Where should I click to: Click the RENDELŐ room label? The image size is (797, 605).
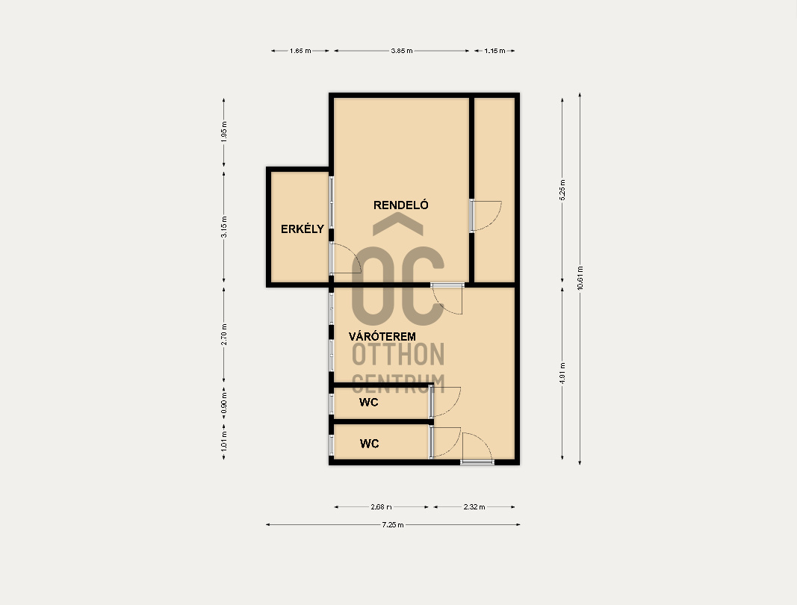[400, 205]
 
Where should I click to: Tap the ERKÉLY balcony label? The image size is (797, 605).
[303, 229]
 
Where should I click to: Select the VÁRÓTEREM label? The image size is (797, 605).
[382, 337]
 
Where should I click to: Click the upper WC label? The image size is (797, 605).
[368, 402]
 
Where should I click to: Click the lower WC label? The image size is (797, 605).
[369, 444]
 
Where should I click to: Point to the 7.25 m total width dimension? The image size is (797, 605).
[393, 524]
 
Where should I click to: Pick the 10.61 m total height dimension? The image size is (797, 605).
[580, 278]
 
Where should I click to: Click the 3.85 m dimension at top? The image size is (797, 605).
[402, 51]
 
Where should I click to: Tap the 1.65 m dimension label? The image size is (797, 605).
[300, 51]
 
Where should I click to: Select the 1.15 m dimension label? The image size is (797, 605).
[494, 51]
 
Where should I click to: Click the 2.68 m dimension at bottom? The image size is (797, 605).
[381, 507]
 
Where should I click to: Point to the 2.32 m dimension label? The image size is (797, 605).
[474, 507]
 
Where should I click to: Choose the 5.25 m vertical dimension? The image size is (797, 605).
[562, 190]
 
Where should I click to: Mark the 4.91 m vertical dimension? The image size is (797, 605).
[562, 373]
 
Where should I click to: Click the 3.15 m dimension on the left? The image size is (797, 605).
[224, 227]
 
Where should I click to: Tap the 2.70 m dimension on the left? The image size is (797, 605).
[224, 335]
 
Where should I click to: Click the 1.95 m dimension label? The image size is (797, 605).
[224, 131]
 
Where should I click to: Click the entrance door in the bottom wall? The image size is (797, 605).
[477, 448]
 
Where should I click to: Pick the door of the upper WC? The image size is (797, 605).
[445, 402]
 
